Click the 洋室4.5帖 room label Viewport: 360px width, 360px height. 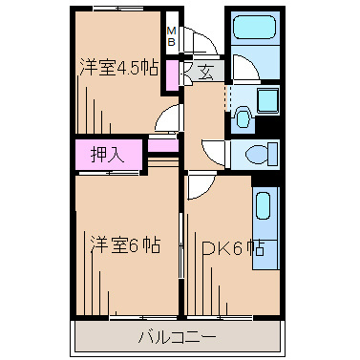point(117,67)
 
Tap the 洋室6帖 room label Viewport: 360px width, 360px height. point(124,245)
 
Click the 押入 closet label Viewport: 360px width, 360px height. point(108,153)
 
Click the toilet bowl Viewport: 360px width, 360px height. point(257,153)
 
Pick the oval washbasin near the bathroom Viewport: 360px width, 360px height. point(242,119)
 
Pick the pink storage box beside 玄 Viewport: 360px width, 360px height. point(172,75)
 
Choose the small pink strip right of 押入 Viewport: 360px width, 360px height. point(162,146)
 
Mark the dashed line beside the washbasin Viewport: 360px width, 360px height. point(227,99)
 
